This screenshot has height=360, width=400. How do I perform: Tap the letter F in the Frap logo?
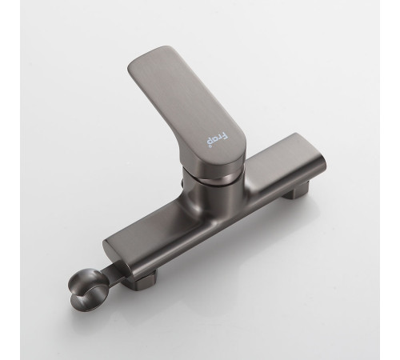tap(226, 135)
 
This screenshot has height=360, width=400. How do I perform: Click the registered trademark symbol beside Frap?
tap(210, 146)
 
